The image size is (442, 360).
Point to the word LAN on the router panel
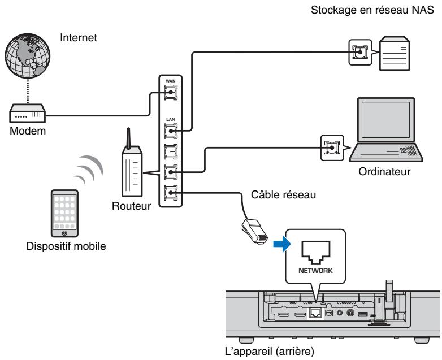[168, 119]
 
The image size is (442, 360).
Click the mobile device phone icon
[63, 212]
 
